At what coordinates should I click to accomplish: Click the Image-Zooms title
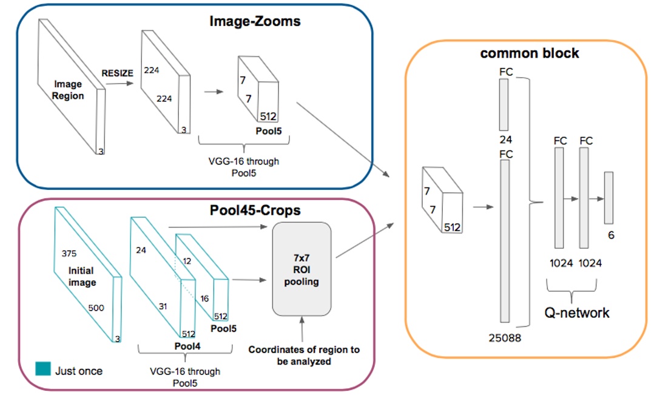click(x=255, y=22)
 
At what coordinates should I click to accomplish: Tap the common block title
click(x=529, y=53)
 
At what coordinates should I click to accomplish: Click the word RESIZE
click(x=118, y=73)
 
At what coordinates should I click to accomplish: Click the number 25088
click(x=504, y=336)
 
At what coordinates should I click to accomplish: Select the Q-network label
click(x=577, y=313)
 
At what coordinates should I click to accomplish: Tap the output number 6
click(x=611, y=235)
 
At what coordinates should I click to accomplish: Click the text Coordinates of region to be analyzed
click(x=303, y=356)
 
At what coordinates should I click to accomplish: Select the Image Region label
click(x=68, y=90)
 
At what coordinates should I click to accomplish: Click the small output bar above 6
click(x=609, y=198)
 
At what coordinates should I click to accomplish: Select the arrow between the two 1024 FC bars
click(x=572, y=198)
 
